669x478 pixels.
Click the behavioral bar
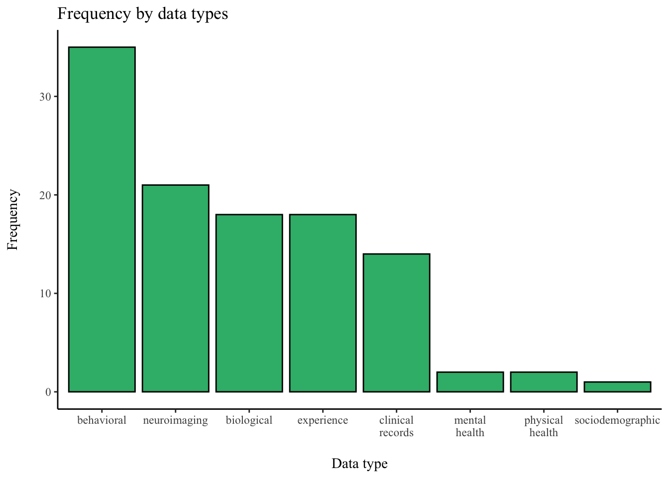[102, 219]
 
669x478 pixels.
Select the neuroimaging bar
[176, 288]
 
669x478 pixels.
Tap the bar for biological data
[249, 303]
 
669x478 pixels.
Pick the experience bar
[323, 303]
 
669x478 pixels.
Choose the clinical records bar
[397, 323]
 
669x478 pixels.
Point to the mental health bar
[470, 382]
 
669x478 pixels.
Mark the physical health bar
[544, 382]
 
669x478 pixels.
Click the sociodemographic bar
[618, 386]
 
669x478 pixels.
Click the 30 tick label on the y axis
[45, 97]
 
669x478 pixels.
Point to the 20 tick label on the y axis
[45, 195]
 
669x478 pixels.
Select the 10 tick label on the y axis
[45, 293]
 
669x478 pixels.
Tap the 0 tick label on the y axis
[48, 392]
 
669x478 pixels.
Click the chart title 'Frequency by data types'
[142, 14]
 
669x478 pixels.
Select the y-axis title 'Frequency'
[13, 219]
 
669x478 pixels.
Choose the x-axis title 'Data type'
[359, 464]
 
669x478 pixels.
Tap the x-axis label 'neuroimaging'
[176, 421]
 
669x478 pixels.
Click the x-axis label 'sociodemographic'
[617, 421]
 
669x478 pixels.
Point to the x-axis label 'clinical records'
[396, 426]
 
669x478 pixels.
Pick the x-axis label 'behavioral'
[102, 420]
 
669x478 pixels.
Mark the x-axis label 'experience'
[323, 421]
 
